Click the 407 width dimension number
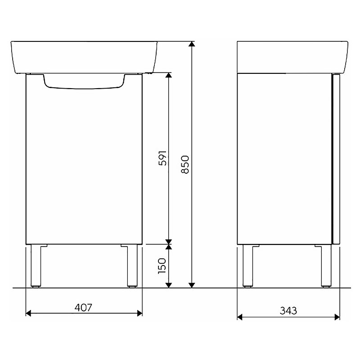pos(83,308)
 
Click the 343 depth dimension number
pos(288,311)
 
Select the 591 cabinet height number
pos(162,158)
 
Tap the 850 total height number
pos(185,164)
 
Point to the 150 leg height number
pos(162,265)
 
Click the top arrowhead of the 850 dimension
pos(192,45)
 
